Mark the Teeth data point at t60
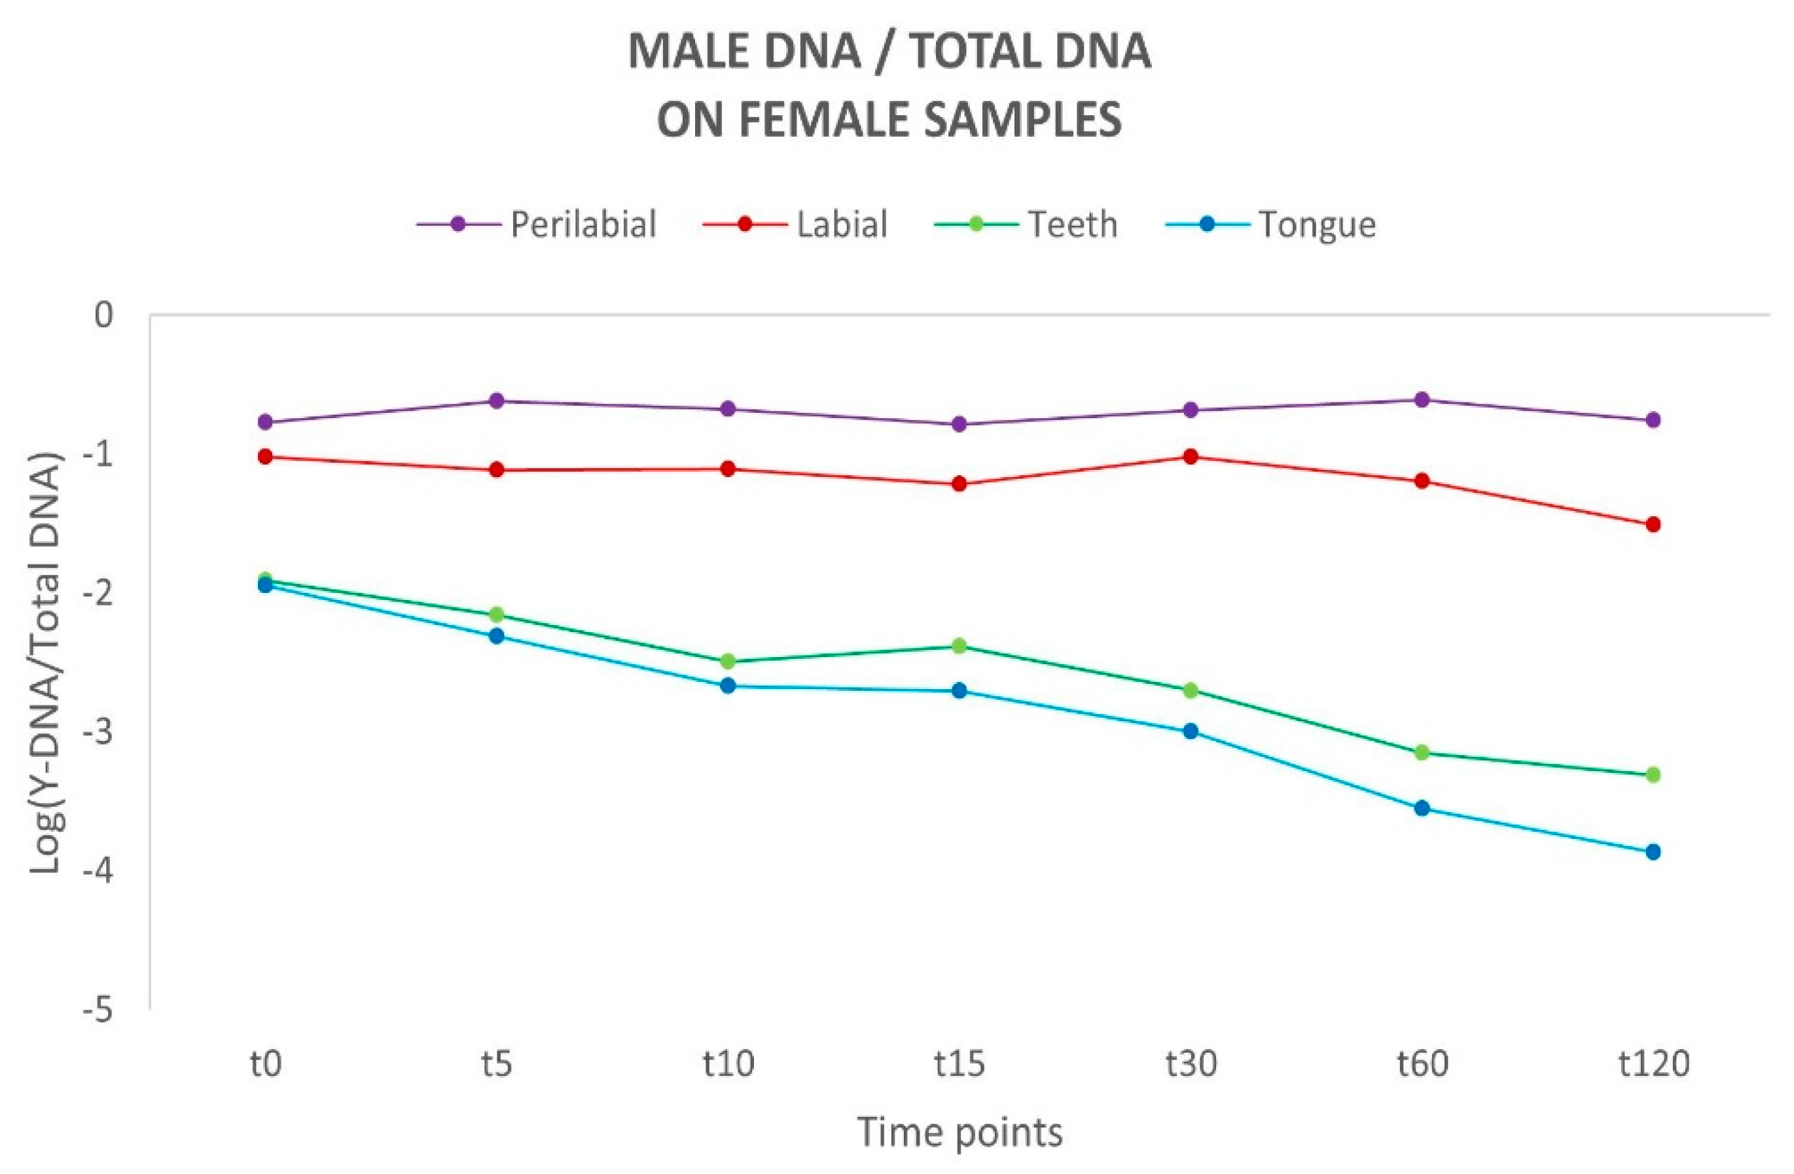pyautogui.click(x=1422, y=753)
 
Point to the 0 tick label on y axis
pyautogui.click(x=104, y=315)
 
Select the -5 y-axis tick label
pyautogui.click(x=98, y=1010)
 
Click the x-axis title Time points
pyautogui.click(x=960, y=1133)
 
